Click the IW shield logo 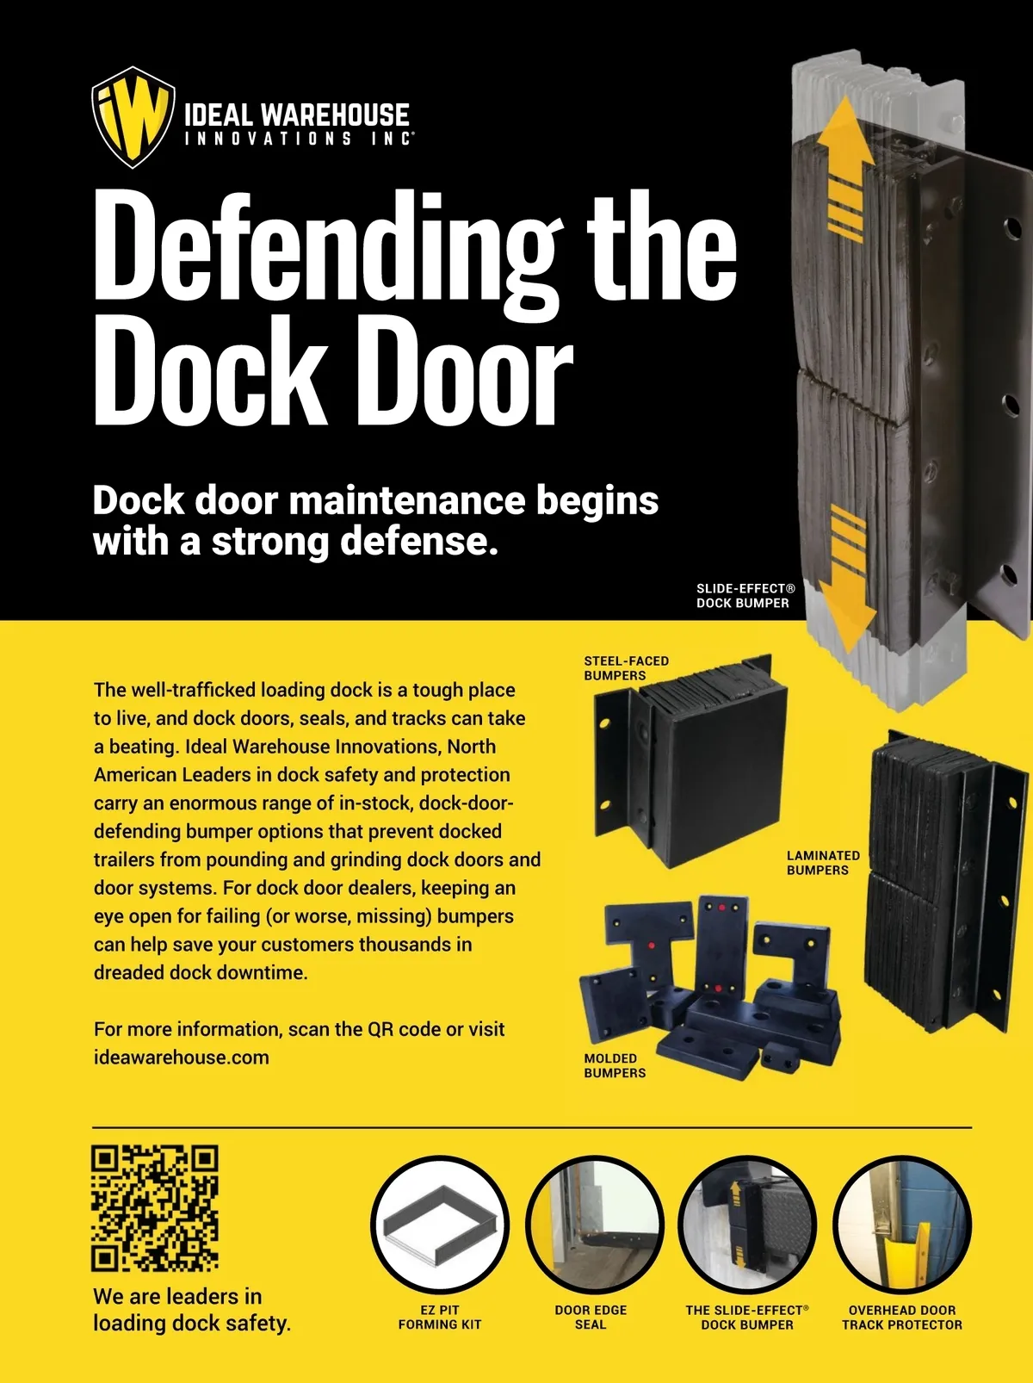(x=133, y=117)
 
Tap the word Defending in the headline (x=328, y=250)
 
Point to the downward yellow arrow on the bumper (x=846, y=579)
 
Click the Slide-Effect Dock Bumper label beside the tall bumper (x=745, y=595)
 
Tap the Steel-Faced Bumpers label (x=626, y=668)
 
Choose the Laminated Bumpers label (x=823, y=863)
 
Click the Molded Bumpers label (x=615, y=1065)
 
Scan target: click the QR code (x=155, y=1208)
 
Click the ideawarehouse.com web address (x=182, y=1057)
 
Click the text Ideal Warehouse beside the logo (x=297, y=115)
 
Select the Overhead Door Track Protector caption (x=902, y=1318)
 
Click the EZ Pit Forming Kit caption (x=440, y=1318)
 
